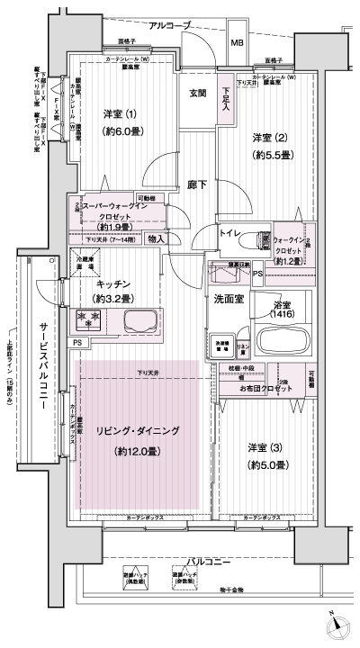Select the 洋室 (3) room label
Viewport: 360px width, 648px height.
pyautogui.click(x=267, y=448)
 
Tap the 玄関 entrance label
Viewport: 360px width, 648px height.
pyautogui.click(x=199, y=93)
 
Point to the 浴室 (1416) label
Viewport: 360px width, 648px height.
pyautogui.click(x=282, y=312)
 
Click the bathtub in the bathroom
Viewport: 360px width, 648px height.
pyautogui.click(x=283, y=343)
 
